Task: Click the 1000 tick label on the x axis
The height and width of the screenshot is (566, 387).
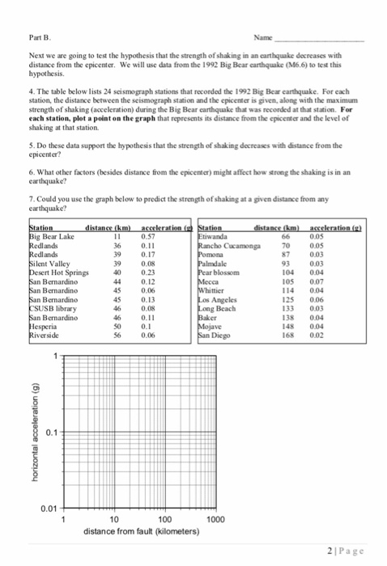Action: (x=216, y=520)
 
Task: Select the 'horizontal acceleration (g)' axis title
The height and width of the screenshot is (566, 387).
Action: (x=35, y=432)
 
